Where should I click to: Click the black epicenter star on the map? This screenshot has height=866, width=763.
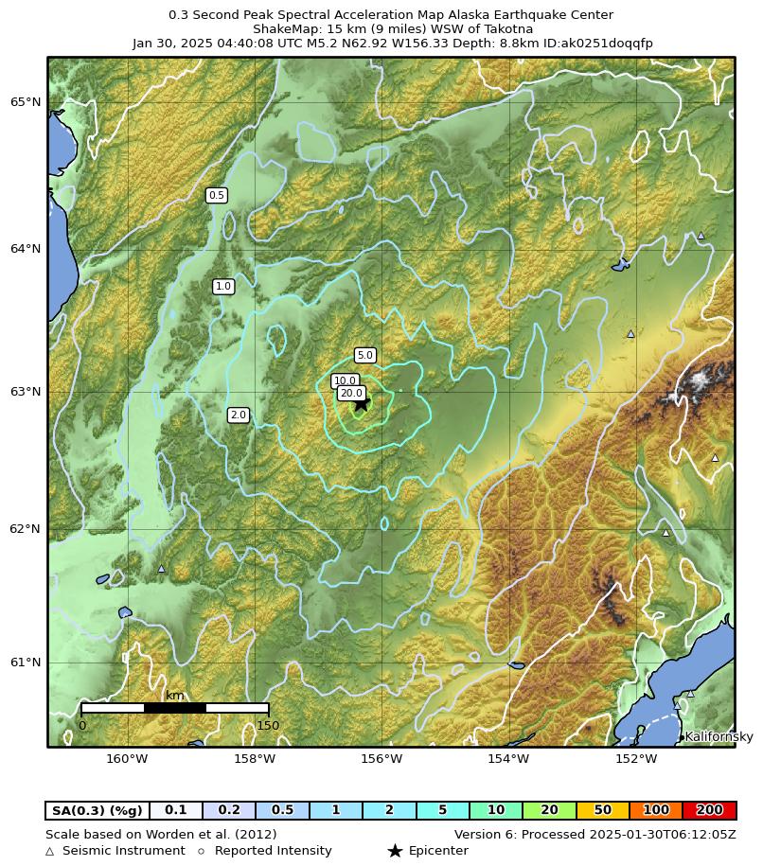pyautogui.click(x=361, y=403)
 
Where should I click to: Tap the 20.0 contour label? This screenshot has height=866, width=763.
pyautogui.click(x=351, y=393)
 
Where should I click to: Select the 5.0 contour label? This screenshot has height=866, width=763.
pyautogui.click(x=364, y=355)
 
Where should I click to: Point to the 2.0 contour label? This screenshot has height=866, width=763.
pyautogui.click(x=238, y=415)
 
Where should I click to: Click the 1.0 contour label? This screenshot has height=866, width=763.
pyautogui.click(x=222, y=286)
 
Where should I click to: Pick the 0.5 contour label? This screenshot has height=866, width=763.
pyautogui.click(x=216, y=195)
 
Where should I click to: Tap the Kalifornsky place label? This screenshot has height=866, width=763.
pyautogui.click(x=719, y=736)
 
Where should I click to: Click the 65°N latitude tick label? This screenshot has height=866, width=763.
pyautogui.click(x=26, y=102)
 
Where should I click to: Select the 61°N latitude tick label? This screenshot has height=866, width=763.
pyautogui.click(x=26, y=663)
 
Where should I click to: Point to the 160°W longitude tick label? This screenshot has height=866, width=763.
pyautogui.click(x=127, y=758)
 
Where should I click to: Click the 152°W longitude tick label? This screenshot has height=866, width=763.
pyautogui.click(x=636, y=758)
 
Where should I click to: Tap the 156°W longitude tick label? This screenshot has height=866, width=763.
pyautogui.click(x=381, y=758)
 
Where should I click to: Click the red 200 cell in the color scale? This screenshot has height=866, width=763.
pyautogui.click(x=709, y=810)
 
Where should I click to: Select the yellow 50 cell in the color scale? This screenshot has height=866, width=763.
pyautogui.click(x=602, y=810)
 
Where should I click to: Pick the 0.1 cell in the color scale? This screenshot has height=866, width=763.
pyautogui.click(x=175, y=810)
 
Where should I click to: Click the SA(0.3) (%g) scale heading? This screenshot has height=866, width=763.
pyautogui.click(x=98, y=810)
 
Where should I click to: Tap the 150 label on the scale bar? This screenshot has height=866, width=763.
pyautogui.click(x=268, y=726)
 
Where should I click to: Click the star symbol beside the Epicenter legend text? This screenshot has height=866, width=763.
pyautogui.click(x=395, y=851)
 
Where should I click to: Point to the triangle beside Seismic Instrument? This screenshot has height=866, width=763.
pyautogui.click(x=50, y=851)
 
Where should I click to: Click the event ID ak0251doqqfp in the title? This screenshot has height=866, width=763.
pyautogui.click(x=606, y=44)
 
